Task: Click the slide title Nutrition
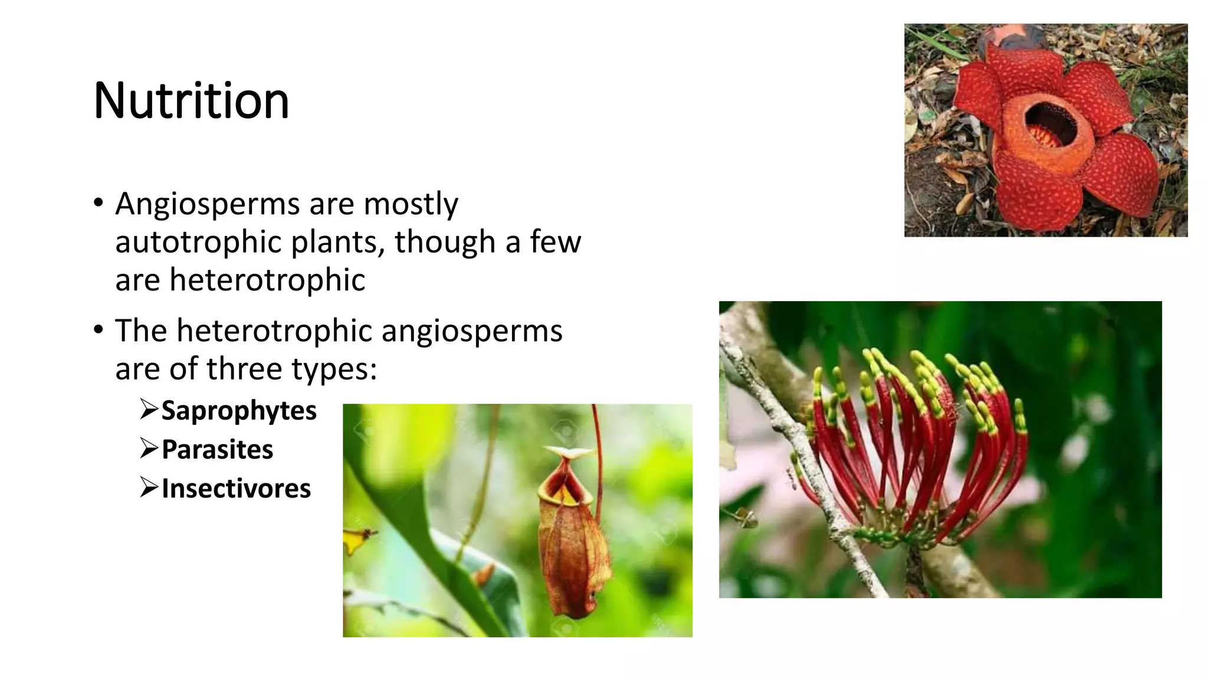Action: pos(191,101)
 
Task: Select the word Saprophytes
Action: pos(239,411)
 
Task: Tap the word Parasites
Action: pos(217,450)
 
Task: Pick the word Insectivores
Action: pos(236,489)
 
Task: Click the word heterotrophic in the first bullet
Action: pos(267,280)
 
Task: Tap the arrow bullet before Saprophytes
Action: pos(149,408)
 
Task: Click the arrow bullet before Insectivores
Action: pos(149,487)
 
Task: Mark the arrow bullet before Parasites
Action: pos(149,448)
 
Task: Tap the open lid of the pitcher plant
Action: pos(569,453)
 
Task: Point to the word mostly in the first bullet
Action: pos(411,205)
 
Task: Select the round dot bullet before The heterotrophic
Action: pos(98,330)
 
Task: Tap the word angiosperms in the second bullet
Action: pos(472,331)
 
